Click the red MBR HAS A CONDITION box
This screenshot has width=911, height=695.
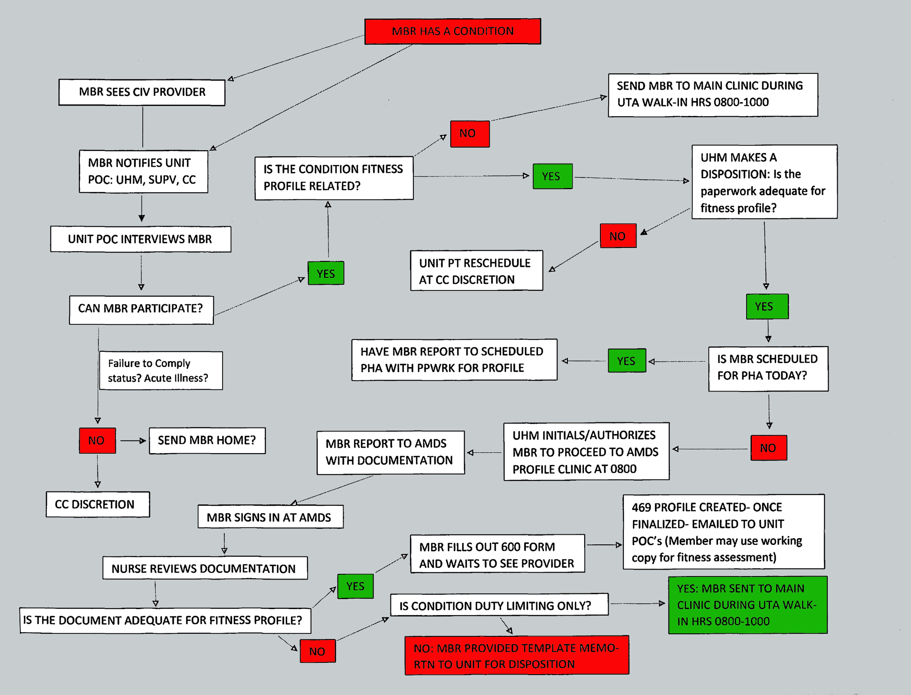(x=452, y=31)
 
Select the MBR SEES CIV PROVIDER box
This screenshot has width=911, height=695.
(x=142, y=92)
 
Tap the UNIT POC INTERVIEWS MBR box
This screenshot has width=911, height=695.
(x=141, y=239)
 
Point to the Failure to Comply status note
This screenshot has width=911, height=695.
(x=161, y=371)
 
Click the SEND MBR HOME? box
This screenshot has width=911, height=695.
(x=207, y=441)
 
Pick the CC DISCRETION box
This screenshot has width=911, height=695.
(x=98, y=504)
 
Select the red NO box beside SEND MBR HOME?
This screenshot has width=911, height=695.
(x=97, y=441)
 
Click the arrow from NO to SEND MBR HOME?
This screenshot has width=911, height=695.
(x=133, y=441)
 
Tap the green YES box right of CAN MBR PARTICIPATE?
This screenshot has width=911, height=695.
(x=326, y=273)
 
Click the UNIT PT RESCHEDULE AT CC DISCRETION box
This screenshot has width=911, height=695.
(x=476, y=271)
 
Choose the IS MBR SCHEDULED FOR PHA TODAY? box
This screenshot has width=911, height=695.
(x=768, y=369)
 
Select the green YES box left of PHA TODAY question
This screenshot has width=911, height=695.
(x=626, y=361)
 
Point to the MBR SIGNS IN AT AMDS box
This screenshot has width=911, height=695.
(x=270, y=517)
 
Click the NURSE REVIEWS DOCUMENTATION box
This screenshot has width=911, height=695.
(x=205, y=568)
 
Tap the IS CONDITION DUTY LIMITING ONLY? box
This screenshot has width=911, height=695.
(x=499, y=605)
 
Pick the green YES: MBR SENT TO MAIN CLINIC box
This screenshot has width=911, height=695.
(x=747, y=605)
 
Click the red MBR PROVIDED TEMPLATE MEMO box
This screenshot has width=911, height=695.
(x=516, y=655)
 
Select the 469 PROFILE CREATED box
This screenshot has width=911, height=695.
(x=723, y=532)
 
